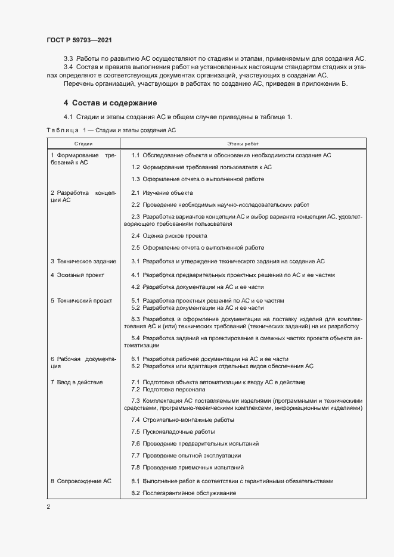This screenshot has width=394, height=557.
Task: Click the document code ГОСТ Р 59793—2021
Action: click(x=79, y=40)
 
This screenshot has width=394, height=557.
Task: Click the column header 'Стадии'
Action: click(x=83, y=144)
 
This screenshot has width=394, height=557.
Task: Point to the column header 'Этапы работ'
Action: click(x=243, y=144)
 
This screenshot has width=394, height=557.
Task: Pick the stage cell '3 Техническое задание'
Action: click(x=83, y=261)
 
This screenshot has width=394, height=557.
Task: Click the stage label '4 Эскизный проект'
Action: click(x=77, y=275)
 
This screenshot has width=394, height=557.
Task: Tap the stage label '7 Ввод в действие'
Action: click(x=77, y=382)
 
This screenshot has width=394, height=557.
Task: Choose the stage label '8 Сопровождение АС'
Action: click(x=81, y=481)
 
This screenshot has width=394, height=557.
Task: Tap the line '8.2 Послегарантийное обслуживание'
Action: click(x=184, y=493)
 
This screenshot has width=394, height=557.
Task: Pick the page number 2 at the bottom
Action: click(x=48, y=507)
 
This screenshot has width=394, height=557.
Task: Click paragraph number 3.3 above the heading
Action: click(x=68, y=58)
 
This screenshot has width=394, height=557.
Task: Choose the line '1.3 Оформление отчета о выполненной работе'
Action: click(x=197, y=179)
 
